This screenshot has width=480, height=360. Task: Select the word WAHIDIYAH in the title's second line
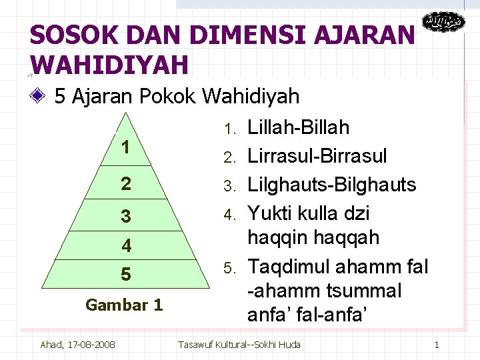tap(109, 65)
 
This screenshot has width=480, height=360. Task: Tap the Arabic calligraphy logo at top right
tap(443, 23)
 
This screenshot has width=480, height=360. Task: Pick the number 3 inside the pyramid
tap(125, 216)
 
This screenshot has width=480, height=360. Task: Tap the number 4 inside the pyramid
tap(126, 245)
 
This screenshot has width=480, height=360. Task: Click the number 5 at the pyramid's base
tap(125, 274)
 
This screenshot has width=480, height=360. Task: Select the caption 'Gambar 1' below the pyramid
tap(124, 305)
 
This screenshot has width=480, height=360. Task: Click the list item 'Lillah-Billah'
tap(298, 127)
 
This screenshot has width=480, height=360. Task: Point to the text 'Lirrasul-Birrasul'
tap(317, 156)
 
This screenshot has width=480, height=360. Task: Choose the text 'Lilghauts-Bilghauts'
tap(331, 185)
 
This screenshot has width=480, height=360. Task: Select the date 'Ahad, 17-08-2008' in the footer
tap(77, 345)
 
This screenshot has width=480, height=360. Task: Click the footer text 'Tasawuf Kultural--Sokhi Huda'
tap(239, 345)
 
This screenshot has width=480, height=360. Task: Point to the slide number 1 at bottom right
tap(437, 345)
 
